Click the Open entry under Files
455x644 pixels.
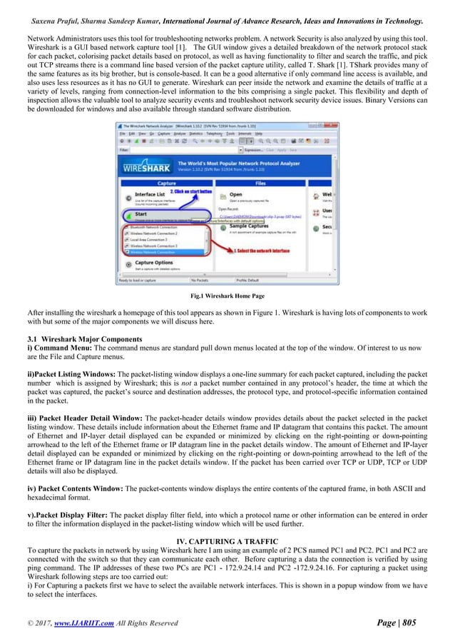pyautogui.click(x=235, y=194)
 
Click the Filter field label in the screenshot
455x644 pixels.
pyautogui.click(x=123, y=151)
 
